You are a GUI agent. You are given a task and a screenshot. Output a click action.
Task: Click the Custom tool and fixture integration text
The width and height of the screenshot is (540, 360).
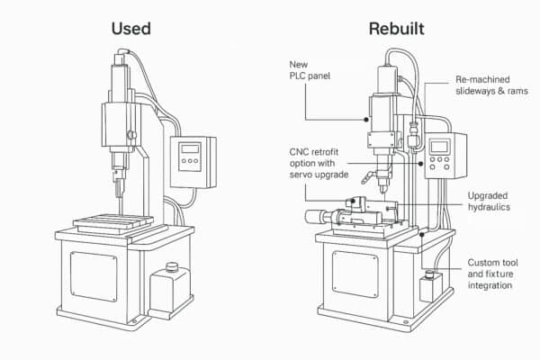click(494, 274)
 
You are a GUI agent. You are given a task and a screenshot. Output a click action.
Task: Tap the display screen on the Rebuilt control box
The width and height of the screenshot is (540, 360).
click(441, 147)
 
